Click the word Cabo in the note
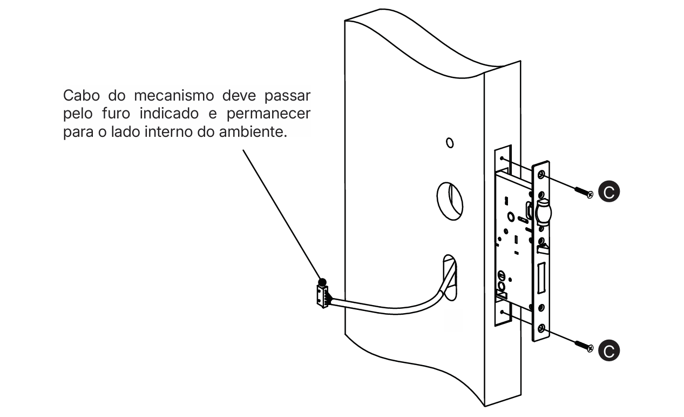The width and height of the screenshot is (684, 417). [81, 95]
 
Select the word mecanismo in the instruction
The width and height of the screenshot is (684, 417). [174, 95]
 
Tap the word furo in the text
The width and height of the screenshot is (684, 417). [116, 114]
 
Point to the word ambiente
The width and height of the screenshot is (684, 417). [253, 132]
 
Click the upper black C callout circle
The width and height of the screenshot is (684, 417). [609, 192]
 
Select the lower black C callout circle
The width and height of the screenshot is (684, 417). [609, 350]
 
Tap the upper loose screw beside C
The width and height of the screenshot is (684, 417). [584, 193]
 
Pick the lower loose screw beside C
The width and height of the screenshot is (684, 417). [584, 346]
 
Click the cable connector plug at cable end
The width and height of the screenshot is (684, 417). [323, 296]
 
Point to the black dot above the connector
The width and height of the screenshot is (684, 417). [322, 282]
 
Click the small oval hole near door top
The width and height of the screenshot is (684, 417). [450, 143]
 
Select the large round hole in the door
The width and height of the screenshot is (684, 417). [450, 201]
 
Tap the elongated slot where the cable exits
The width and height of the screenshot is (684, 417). [450, 277]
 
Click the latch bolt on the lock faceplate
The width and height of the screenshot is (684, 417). [543, 211]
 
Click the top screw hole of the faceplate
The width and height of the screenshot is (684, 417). [541, 174]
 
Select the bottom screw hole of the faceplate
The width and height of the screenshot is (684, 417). [541, 328]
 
